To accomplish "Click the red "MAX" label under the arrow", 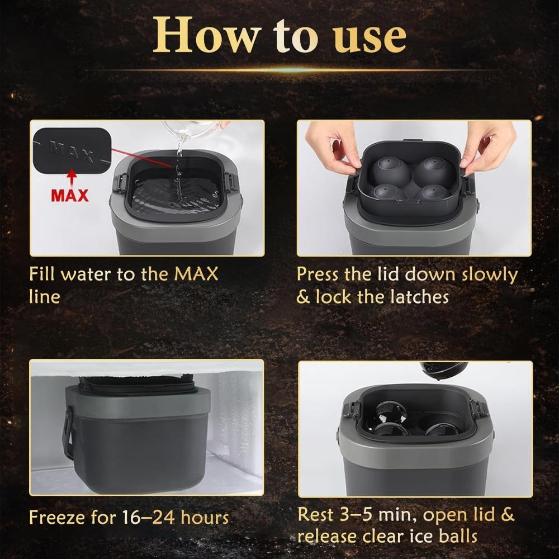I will pos(70,195).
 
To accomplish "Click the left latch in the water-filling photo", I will pos(119,184).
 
